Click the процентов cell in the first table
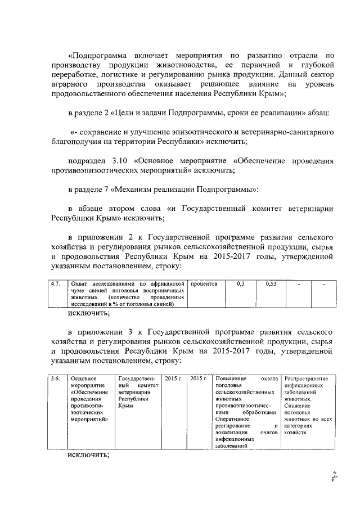204,284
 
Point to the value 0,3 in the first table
241,284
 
